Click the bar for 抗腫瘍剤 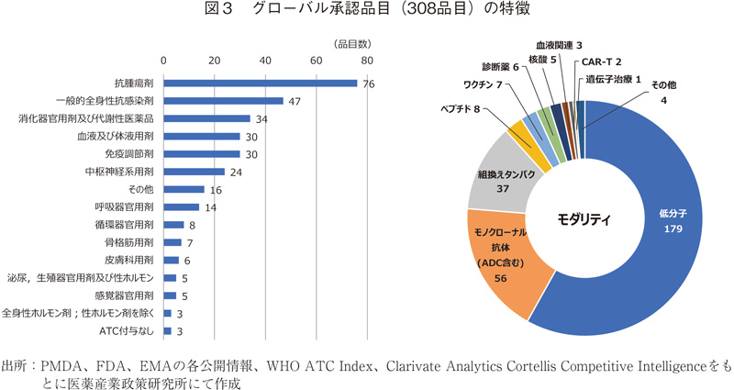click(x=260, y=84)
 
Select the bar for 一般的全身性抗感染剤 click(x=223, y=101)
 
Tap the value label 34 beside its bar click(x=261, y=119)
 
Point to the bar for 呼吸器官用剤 click(x=181, y=207)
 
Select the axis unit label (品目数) click(x=351, y=43)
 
